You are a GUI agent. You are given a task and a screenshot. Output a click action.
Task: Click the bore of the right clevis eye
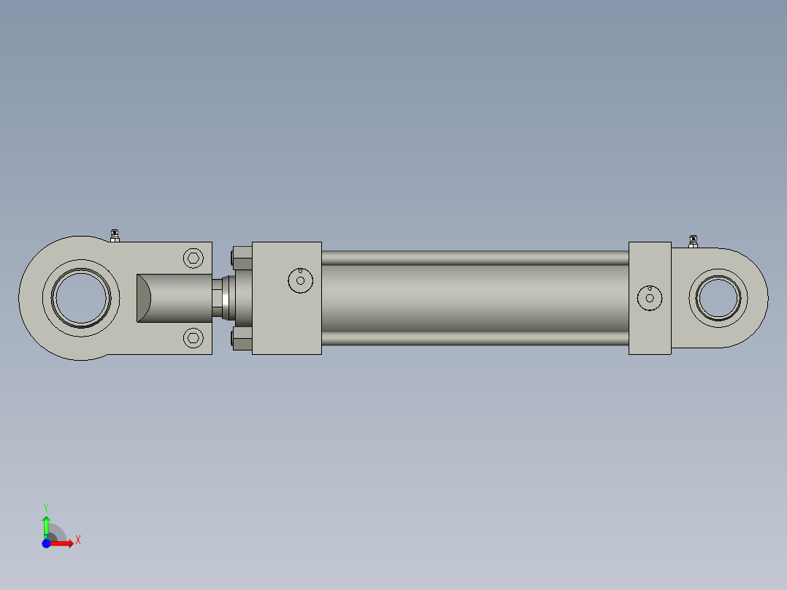pos(718,297)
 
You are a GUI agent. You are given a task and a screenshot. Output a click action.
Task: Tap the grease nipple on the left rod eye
pos(115,235)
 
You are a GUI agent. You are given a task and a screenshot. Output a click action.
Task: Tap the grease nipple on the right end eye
pos(693,240)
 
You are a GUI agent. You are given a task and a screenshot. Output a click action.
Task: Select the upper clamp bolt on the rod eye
pos(193,258)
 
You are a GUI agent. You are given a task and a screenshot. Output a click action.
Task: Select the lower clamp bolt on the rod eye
pos(193,337)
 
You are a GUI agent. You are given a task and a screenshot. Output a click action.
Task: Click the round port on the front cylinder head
pos(300,280)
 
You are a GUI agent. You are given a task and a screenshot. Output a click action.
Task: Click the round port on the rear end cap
pos(650,297)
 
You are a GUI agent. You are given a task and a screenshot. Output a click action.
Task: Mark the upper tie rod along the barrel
pos(475,258)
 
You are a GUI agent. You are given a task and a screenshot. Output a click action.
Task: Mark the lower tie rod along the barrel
pos(475,338)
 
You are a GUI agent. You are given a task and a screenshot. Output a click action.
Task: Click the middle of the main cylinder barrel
pos(475,297)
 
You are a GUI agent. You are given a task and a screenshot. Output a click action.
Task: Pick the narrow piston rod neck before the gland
pos(218,297)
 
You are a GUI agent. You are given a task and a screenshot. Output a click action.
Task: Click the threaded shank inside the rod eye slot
pos(175,297)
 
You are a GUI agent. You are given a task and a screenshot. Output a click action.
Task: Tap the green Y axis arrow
pos(46,525)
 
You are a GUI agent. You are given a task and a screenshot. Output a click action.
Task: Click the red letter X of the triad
pos(77,540)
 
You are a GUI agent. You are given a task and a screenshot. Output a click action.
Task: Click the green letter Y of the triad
pos(45,507)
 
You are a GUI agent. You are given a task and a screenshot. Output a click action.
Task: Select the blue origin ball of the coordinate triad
pos(46,543)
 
